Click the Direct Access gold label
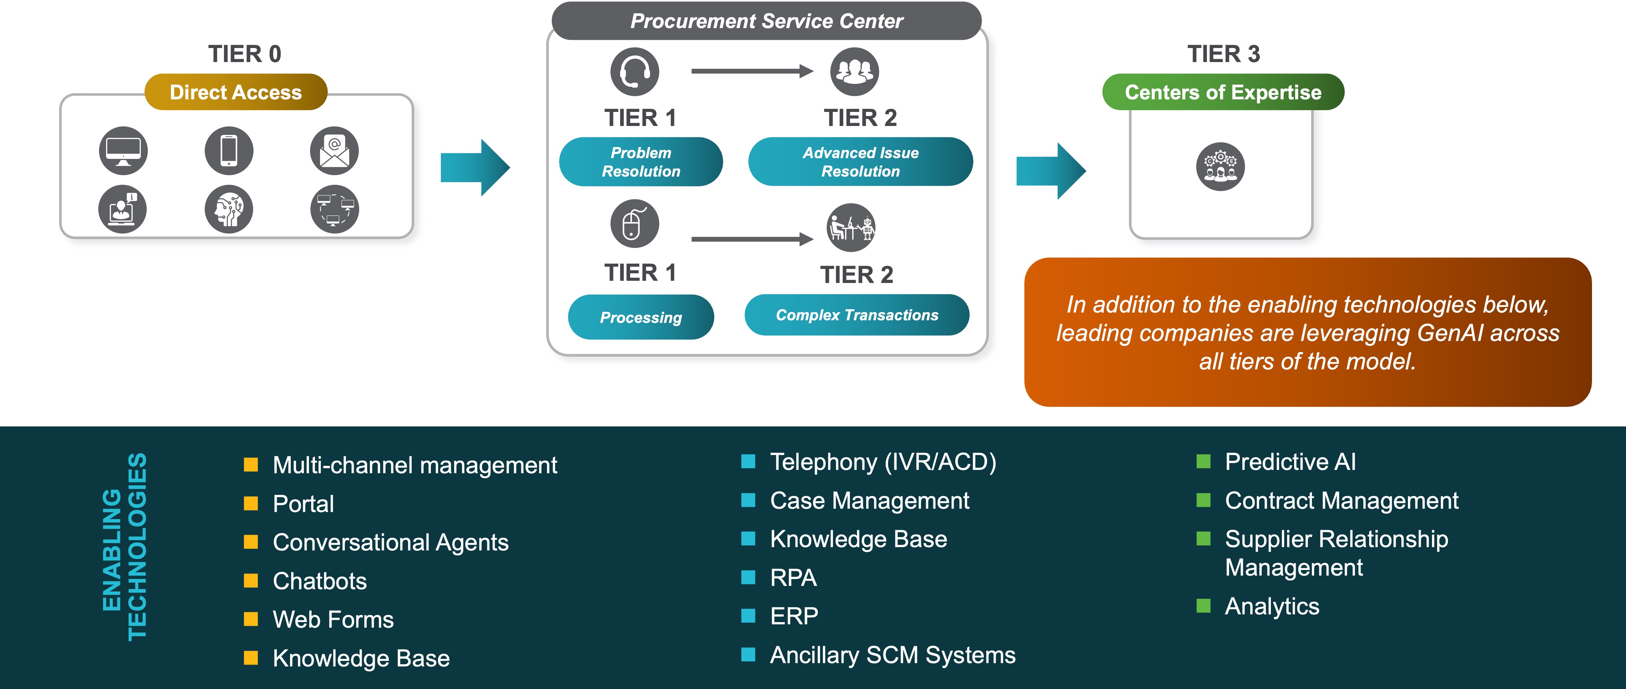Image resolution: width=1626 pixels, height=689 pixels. [x=235, y=92]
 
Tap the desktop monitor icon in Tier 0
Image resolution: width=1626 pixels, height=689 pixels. [x=123, y=151]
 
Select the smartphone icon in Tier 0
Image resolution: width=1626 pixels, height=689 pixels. [x=228, y=151]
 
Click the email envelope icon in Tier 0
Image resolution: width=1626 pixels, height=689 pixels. [x=334, y=151]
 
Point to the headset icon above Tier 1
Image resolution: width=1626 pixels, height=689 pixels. [x=635, y=71]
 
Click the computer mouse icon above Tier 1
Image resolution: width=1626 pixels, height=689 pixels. [x=635, y=224]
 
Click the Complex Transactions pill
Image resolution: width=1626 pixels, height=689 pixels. [x=857, y=315]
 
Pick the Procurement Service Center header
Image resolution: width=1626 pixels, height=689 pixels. [x=766, y=21]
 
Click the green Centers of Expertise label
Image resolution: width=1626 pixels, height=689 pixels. [x=1223, y=92]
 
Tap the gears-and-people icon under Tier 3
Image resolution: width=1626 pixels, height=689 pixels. [x=1220, y=167]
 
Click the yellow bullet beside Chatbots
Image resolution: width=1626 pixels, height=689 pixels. [x=251, y=580]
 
